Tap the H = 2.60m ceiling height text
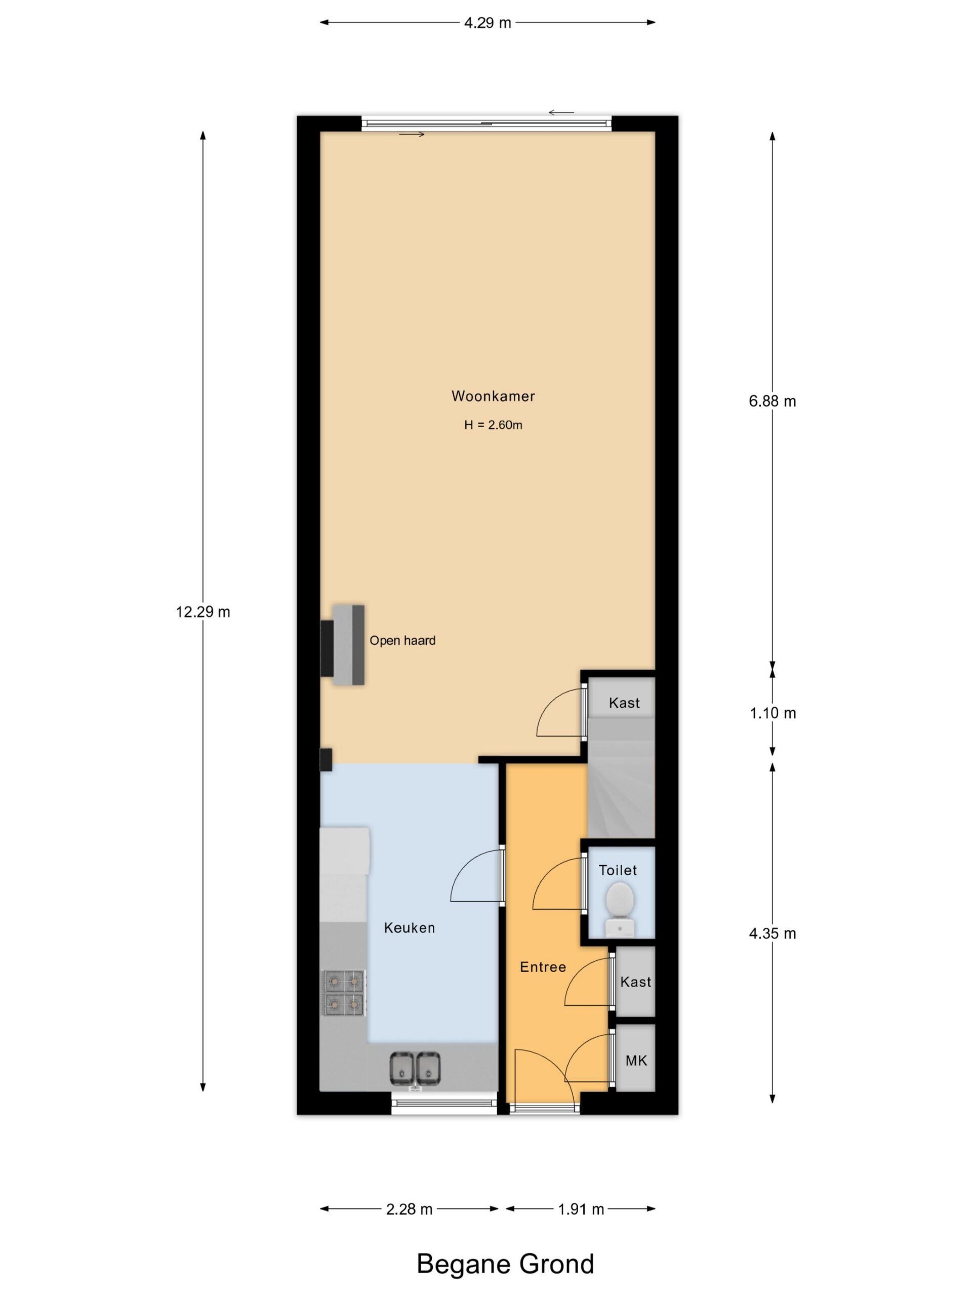(x=493, y=425)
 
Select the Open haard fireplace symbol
(x=343, y=645)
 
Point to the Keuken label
(x=409, y=927)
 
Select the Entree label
(x=543, y=967)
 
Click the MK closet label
(x=636, y=1061)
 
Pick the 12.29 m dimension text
(x=202, y=612)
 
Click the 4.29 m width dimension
(x=488, y=23)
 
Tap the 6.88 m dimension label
(x=772, y=401)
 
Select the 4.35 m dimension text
(x=772, y=934)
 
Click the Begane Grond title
(x=505, y=1264)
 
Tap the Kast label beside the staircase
(x=624, y=703)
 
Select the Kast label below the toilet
(x=636, y=982)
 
